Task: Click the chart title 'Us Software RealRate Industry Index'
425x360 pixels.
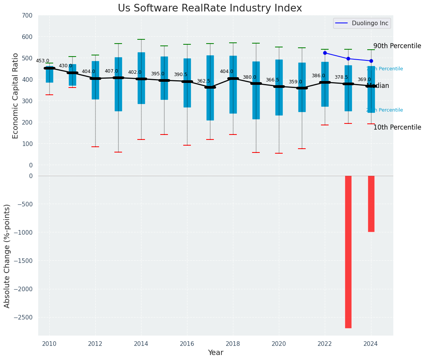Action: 210,8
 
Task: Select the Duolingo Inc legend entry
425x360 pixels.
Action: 362,23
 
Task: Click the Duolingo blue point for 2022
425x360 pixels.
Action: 325,53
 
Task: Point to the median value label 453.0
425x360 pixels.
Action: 42,61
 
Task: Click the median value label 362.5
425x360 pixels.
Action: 204,81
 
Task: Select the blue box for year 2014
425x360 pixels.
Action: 141,78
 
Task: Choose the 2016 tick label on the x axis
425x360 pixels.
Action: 187,344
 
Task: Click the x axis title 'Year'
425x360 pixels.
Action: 216,353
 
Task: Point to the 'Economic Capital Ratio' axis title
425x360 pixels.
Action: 15,96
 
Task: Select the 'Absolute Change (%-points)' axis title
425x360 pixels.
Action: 7,256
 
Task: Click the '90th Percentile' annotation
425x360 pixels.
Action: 397,46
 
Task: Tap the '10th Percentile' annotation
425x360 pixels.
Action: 397,127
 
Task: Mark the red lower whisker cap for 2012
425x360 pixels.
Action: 95,147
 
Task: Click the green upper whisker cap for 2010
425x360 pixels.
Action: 49,63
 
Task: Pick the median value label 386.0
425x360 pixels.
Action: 318,76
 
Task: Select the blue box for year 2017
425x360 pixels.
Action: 210,88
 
